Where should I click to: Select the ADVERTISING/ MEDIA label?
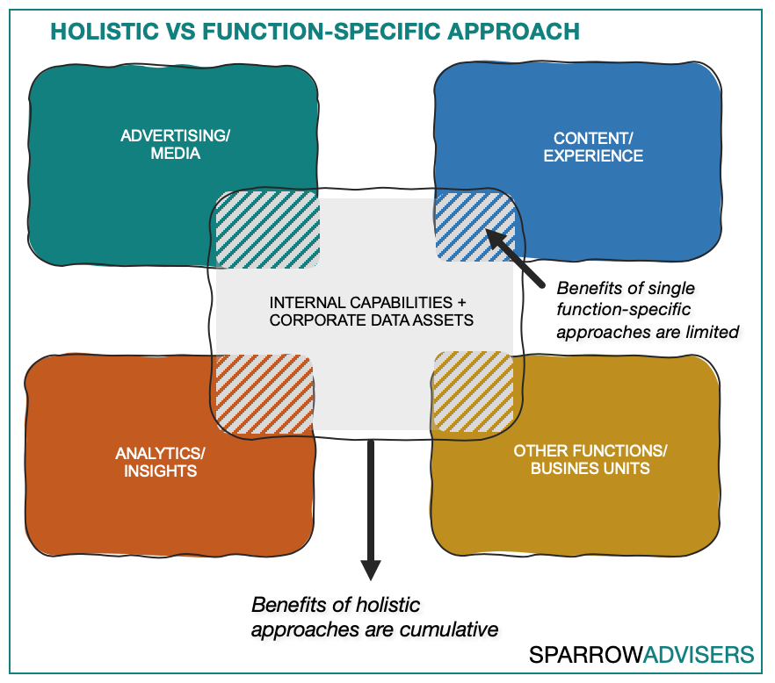176,144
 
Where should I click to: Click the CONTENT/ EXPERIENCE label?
593,147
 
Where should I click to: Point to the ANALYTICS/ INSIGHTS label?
160,462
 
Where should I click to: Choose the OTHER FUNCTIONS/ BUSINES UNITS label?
590,459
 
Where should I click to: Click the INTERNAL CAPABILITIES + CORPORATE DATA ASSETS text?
371,311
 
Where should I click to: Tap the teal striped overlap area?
267,230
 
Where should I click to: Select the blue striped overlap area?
475,226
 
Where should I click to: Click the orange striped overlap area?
264,394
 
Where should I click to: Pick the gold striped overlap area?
474,392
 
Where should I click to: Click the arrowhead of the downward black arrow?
370,571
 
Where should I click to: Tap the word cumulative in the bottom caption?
449,629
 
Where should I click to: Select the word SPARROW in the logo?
585,655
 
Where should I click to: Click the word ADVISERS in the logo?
699,655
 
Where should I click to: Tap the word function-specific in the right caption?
623,310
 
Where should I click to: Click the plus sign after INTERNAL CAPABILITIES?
461,302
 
